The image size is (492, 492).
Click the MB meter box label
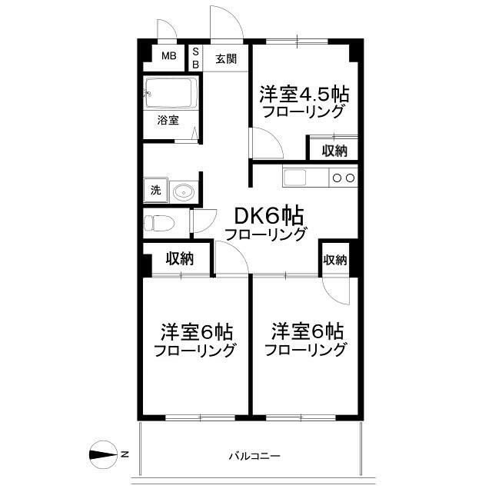[x=168, y=56]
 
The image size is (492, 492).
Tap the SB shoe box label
[x=195, y=58]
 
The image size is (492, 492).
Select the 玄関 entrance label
[x=224, y=58]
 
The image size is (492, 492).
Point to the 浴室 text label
[x=168, y=120]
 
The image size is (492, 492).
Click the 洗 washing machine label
[x=155, y=190]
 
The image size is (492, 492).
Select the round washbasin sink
[x=183, y=191]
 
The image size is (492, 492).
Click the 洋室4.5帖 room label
[x=303, y=94]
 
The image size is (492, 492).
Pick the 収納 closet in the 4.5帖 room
[x=334, y=150]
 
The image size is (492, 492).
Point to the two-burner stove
[x=343, y=178]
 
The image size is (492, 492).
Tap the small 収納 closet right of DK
[x=335, y=260]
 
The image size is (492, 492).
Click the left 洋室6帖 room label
[x=196, y=332]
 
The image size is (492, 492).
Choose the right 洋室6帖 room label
[x=306, y=331]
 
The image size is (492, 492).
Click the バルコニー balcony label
[x=254, y=456]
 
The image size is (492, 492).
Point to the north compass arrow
[x=101, y=454]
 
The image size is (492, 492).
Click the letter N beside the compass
[x=125, y=454]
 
